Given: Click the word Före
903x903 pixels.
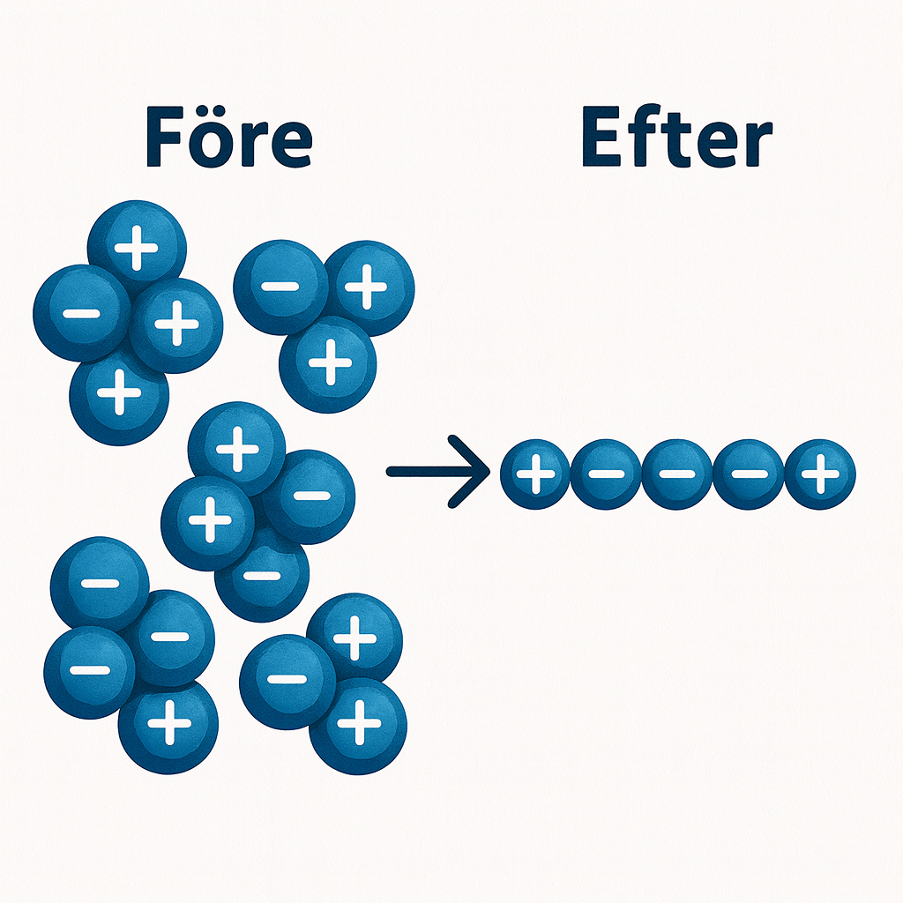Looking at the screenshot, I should click(x=228, y=138).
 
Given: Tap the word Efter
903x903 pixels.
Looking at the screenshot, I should click(x=676, y=138).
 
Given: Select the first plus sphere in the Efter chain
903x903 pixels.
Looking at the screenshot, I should click(x=534, y=475).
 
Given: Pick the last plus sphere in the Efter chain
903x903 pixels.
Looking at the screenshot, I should click(x=820, y=475).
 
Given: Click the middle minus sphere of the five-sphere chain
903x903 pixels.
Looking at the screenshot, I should click(x=677, y=475).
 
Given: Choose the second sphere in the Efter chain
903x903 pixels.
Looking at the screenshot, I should click(x=606, y=475).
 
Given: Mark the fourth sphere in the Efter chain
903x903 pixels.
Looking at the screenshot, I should click(x=749, y=475).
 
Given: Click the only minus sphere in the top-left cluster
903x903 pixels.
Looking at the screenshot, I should click(x=80, y=313).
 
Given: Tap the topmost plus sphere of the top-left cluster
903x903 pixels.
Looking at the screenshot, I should click(x=137, y=250).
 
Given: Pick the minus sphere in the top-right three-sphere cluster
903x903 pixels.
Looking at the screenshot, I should click(x=280, y=287).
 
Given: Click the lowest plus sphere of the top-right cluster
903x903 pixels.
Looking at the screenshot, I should click(x=328, y=363).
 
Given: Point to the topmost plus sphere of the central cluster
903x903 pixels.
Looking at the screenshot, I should click(x=236, y=448).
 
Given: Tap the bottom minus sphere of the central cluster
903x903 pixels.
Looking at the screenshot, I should click(x=261, y=576).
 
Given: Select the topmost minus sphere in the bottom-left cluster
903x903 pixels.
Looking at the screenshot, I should click(x=99, y=584).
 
